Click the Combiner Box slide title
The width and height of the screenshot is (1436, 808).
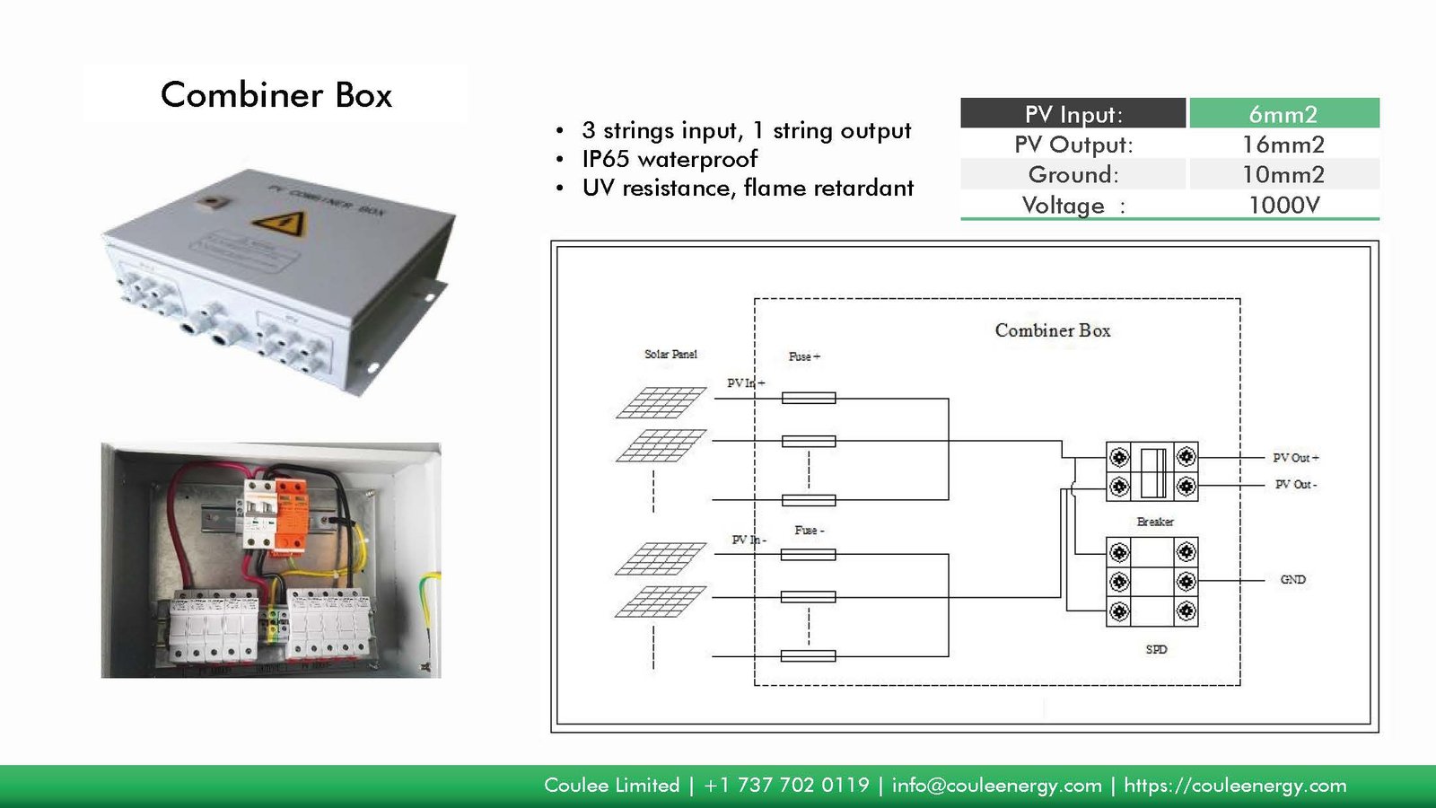(276, 95)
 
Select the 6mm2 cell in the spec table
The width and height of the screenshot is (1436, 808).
(1283, 114)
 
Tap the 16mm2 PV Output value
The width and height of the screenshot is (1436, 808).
(1283, 145)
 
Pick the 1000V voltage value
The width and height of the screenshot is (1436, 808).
(1283, 205)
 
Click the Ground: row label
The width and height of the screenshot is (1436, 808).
(1073, 174)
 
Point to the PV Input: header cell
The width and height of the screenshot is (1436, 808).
(1073, 114)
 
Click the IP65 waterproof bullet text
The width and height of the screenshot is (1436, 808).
(670, 159)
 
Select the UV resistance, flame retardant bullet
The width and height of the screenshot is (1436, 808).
(748, 188)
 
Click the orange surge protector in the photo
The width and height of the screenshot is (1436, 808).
(291, 516)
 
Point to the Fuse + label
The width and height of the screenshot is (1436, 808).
(804, 356)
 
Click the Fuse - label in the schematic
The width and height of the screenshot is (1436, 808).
(809, 531)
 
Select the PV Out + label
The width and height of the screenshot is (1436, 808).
(1295, 458)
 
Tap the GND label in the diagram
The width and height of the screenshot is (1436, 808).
(1292, 580)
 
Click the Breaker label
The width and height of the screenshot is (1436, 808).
(1155, 522)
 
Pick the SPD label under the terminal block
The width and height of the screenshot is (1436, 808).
(1156, 649)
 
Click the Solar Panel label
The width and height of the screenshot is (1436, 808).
(670, 355)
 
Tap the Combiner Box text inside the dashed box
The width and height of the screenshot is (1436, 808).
(1053, 330)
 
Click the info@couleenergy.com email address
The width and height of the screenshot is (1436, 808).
(996, 786)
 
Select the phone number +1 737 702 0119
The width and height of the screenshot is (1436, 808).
(786, 786)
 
